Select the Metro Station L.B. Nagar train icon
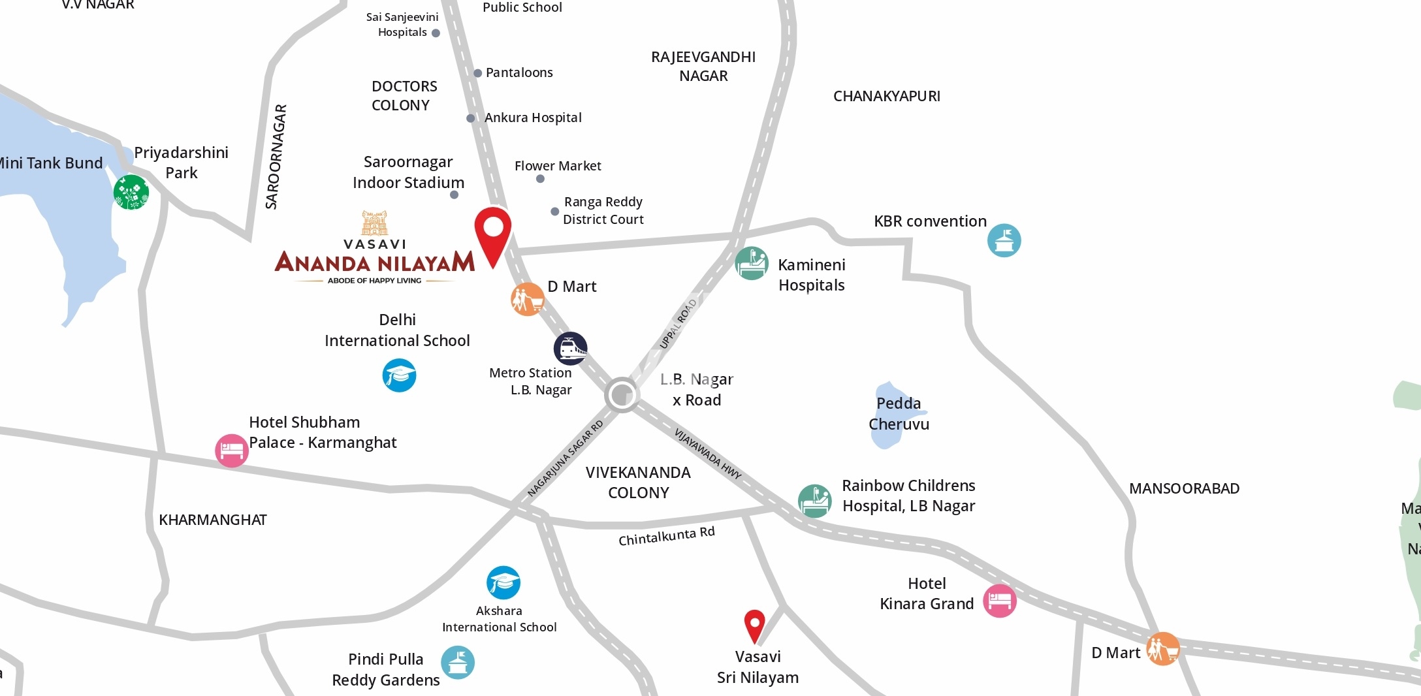coord(570,349)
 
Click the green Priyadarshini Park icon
coord(131,192)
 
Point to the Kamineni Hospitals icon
coord(752,263)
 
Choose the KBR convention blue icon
coord(1004,240)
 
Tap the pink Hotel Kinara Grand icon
coord(1000,601)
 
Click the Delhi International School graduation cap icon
coord(399,375)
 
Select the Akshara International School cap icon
coord(503,582)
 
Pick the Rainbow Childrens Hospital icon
coord(814,501)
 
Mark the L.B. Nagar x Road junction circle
coord(621,394)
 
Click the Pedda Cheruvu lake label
coord(899,414)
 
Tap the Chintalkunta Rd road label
coord(666,536)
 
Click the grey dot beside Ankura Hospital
coord(470,118)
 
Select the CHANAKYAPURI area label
coord(886,97)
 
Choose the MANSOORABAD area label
coord(1184,488)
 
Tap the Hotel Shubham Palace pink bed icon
coord(232,451)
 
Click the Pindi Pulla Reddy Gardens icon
coord(458,662)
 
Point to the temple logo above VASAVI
coord(375,223)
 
